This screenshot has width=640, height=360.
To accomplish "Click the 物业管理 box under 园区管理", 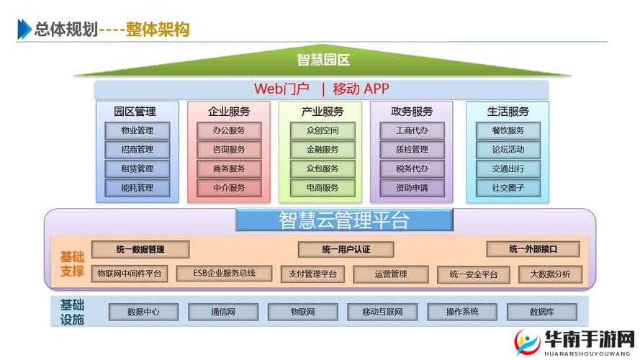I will pyautogui.click(x=138, y=130).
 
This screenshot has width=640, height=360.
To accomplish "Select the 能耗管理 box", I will pyautogui.click(x=138, y=188).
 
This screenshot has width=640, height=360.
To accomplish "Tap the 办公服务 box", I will pyautogui.click(x=229, y=130).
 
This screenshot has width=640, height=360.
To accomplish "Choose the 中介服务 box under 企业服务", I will pyautogui.click(x=229, y=188).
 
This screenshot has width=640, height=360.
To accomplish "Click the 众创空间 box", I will pyautogui.click(x=322, y=130).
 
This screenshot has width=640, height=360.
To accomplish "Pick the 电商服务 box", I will pyautogui.click(x=322, y=188).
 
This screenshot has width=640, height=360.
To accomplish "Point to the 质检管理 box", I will pyautogui.click(x=412, y=150).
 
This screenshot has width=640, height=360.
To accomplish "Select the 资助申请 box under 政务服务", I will pyautogui.click(x=412, y=188).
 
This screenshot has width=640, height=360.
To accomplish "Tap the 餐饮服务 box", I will pyautogui.click(x=508, y=130).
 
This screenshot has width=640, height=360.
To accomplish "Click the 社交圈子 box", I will pyautogui.click(x=508, y=188).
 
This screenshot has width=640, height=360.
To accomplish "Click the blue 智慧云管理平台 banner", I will pyautogui.click(x=344, y=220).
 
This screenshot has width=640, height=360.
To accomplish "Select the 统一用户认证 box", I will pyautogui.click(x=346, y=249).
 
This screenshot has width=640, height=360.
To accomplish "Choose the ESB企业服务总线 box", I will pyautogui.click(x=225, y=274).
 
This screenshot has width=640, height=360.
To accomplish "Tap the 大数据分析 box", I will pyautogui.click(x=550, y=274).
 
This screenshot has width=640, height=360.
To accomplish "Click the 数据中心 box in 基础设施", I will pyautogui.click(x=143, y=312).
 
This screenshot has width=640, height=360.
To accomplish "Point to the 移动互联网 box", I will pyautogui.click(x=382, y=312).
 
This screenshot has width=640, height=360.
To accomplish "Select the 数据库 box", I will pyautogui.click(x=541, y=312).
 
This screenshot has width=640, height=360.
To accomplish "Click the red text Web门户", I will pyautogui.click(x=281, y=89).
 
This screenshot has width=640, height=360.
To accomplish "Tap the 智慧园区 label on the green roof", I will pyautogui.click(x=322, y=60).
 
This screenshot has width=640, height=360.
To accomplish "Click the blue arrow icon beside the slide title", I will pyautogui.click(x=24, y=30).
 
